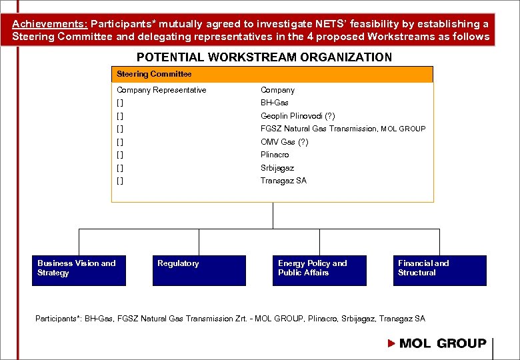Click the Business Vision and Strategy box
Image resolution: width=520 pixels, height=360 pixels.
click(79, 270)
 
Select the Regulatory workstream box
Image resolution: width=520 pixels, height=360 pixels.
click(199, 270)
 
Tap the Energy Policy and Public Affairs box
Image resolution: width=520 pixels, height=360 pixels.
click(319, 270)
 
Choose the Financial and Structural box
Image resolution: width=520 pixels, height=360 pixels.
click(439, 270)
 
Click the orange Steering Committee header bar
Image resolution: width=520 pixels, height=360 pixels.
click(272, 74)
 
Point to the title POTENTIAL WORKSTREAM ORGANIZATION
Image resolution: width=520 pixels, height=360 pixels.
click(265, 57)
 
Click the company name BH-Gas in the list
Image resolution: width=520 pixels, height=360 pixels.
click(275, 103)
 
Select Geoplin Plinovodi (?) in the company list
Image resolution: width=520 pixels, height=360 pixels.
click(298, 116)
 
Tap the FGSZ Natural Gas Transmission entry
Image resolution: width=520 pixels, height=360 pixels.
click(343, 129)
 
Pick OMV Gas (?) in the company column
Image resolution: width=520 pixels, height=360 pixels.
click(285, 142)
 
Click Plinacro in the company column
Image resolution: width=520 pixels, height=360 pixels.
click(275, 155)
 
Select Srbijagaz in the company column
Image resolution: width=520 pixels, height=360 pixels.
click(277, 168)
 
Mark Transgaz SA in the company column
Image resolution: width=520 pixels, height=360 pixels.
click(283, 181)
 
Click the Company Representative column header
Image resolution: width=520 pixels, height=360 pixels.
click(161, 90)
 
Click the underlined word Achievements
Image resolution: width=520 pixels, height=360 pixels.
click(45, 24)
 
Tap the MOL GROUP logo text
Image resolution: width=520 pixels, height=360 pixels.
click(443, 343)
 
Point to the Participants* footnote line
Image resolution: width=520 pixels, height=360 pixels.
click(230, 319)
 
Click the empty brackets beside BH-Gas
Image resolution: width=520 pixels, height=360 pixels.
click(119, 103)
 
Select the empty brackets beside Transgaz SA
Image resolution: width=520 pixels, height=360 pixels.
click(119, 181)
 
